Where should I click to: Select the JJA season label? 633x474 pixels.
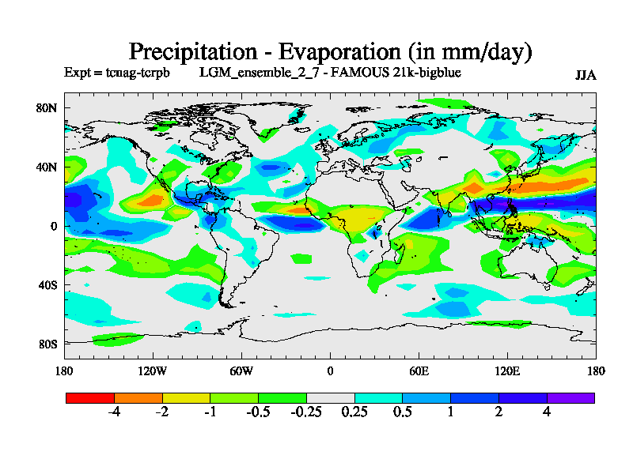tap(586, 76)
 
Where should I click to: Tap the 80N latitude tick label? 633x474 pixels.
tap(48, 108)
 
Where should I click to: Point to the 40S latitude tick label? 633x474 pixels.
tap(48, 284)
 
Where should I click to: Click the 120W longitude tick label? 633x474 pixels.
tap(152, 371)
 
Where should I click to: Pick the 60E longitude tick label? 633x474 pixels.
tap(419, 371)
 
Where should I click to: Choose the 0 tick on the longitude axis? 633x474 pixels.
tap(330, 371)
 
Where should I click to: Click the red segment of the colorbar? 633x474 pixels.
tap(89, 398)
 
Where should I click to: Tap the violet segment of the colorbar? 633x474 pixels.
tap(570, 398)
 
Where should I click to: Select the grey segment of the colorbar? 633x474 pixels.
tap(330, 398)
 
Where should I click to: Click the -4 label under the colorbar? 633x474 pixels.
tap(113, 413)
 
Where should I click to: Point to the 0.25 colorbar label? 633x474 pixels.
tap(354, 413)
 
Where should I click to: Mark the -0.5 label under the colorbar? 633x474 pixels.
tap(258, 413)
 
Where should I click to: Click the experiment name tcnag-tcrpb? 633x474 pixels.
tap(142, 73)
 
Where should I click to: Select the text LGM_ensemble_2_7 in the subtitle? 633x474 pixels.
tap(250, 73)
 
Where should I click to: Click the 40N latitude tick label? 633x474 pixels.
tap(48, 167)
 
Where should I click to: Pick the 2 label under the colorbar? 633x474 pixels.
tap(498, 413)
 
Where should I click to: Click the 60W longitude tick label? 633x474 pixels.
tap(241, 371)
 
